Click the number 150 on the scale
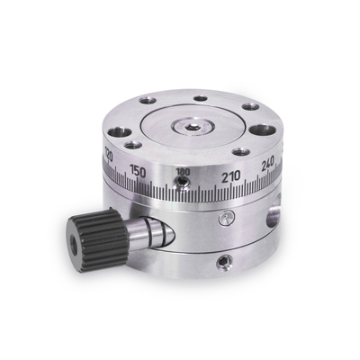(x=138, y=170)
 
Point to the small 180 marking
(x=183, y=171)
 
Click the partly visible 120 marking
(x=108, y=156)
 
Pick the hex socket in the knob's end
(x=71, y=245)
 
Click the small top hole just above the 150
(x=133, y=144)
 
